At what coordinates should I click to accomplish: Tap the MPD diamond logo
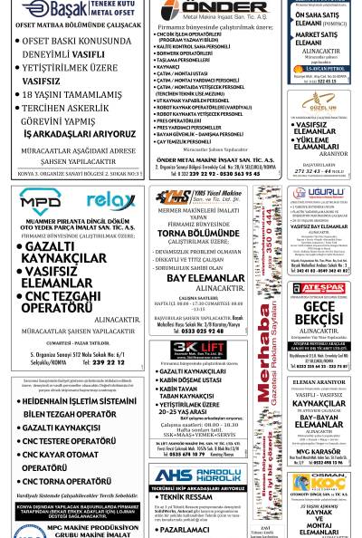click(x=41, y=200)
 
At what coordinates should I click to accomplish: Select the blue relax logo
click(x=110, y=200)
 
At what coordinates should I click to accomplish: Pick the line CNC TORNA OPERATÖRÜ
click(x=68, y=482)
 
